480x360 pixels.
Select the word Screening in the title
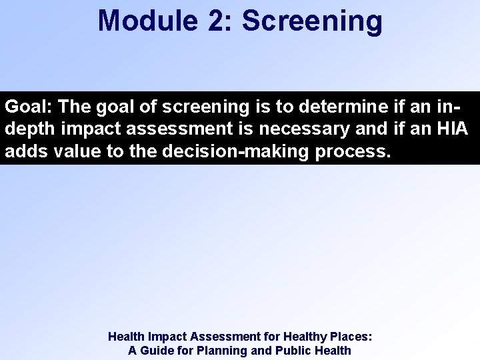click(312, 20)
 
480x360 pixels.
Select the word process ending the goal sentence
click(351, 151)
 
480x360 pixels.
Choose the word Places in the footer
click(351, 337)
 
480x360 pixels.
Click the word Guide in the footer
click(160, 351)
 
